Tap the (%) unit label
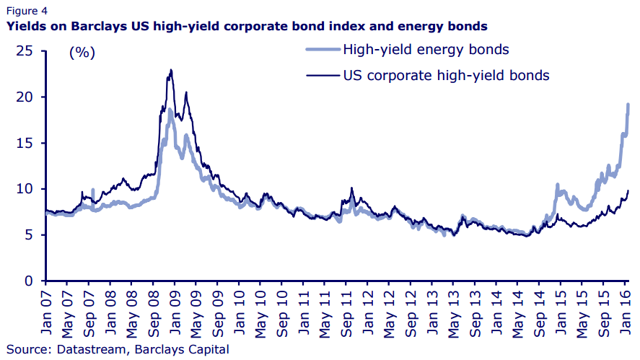point(82,53)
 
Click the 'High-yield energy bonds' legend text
point(426,50)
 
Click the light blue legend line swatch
point(320,50)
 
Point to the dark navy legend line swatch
point(320,74)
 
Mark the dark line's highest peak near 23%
point(170,70)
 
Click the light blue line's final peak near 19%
point(628,105)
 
